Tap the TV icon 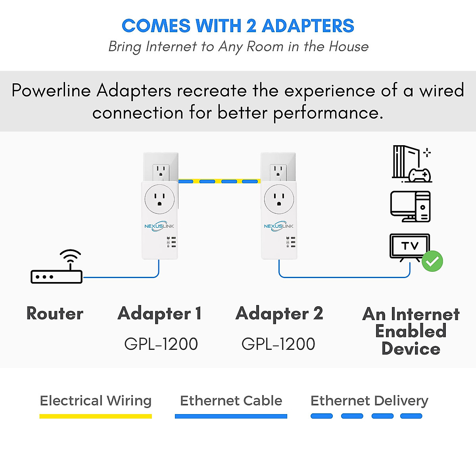(x=410, y=247)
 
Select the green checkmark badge (x=432, y=261)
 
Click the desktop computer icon (x=410, y=206)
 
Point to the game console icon (x=411, y=164)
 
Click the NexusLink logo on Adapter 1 (x=159, y=226)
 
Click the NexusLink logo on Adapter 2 (x=279, y=226)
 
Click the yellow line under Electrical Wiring (x=96, y=416)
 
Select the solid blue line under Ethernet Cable (x=231, y=416)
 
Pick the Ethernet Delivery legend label (x=369, y=401)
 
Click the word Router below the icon (x=55, y=313)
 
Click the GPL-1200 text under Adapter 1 (x=161, y=344)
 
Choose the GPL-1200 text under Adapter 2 (x=278, y=344)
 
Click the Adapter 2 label (x=279, y=313)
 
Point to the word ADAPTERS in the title (x=308, y=26)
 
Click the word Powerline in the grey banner (x=52, y=90)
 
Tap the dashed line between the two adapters (x=219, y=181)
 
